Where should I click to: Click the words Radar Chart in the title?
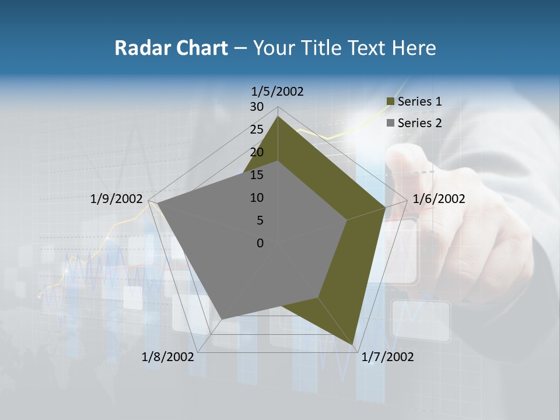(x=171, y=48)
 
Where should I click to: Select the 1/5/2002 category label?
(x=278, y=91)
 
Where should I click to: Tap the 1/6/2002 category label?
(x=439, y=199)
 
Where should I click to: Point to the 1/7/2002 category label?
(x=387, y=357)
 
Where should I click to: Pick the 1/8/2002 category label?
(x=167, y=357)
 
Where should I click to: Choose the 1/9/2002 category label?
(x=117, y=199)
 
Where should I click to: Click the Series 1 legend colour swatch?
(x=390, y=101)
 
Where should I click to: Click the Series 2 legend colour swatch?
(x=390, y=123)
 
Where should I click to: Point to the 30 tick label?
(x=257, y=107)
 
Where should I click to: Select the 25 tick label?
(x=257, y=129)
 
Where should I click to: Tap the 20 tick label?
(x=257, y=152)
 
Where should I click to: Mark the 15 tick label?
(x=257, y=175)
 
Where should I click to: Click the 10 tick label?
(x=257, y=198)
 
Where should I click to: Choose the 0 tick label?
(x=260, y=243)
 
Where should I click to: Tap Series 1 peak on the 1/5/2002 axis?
(x=278, y=116)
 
